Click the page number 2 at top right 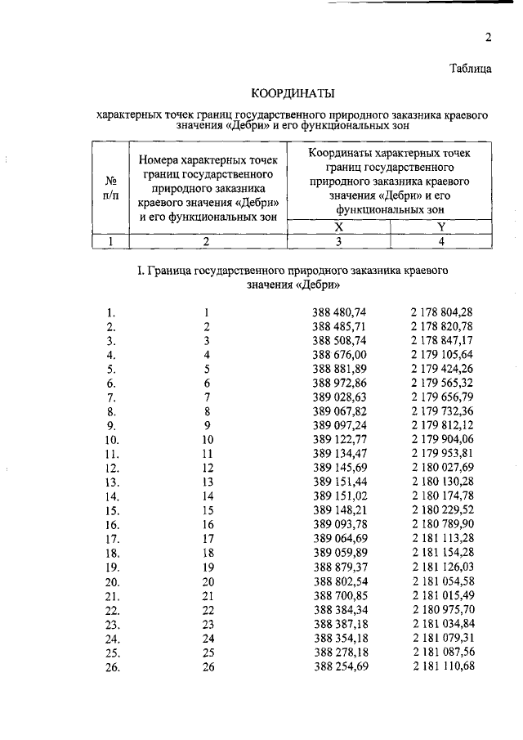[488, 37]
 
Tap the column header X [338, 226]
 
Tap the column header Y [441, 226]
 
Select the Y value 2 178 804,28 [441, 312]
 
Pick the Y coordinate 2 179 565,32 [441, 383]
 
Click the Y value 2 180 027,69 [441, 468]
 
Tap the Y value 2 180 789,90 [441, 524]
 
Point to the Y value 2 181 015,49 [441, 595]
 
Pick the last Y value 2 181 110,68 [441, 666]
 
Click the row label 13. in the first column [112, 482]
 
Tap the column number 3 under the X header [338, 241]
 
